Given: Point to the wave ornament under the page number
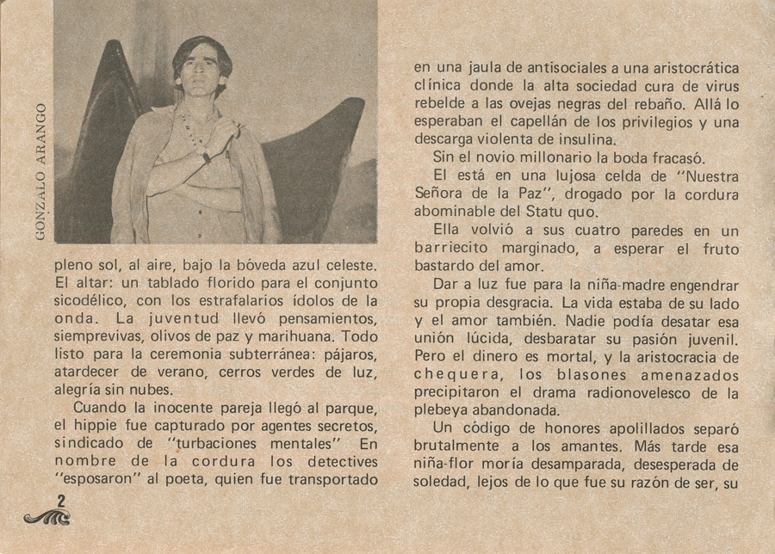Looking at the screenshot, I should coord(46,517).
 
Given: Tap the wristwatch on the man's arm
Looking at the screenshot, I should coord(207,157).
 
